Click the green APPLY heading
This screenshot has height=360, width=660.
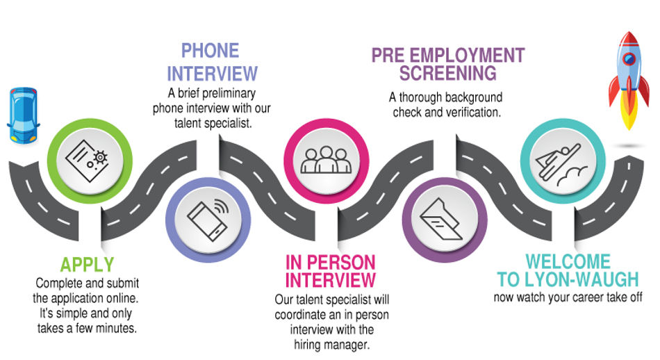tap(87, 265)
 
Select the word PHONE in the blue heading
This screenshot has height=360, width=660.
tap(210, 51)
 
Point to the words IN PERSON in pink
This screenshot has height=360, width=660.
tap(331, 263)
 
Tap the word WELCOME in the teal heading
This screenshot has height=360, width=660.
tap(568, 262)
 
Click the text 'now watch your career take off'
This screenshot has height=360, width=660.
tap(568, 297)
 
